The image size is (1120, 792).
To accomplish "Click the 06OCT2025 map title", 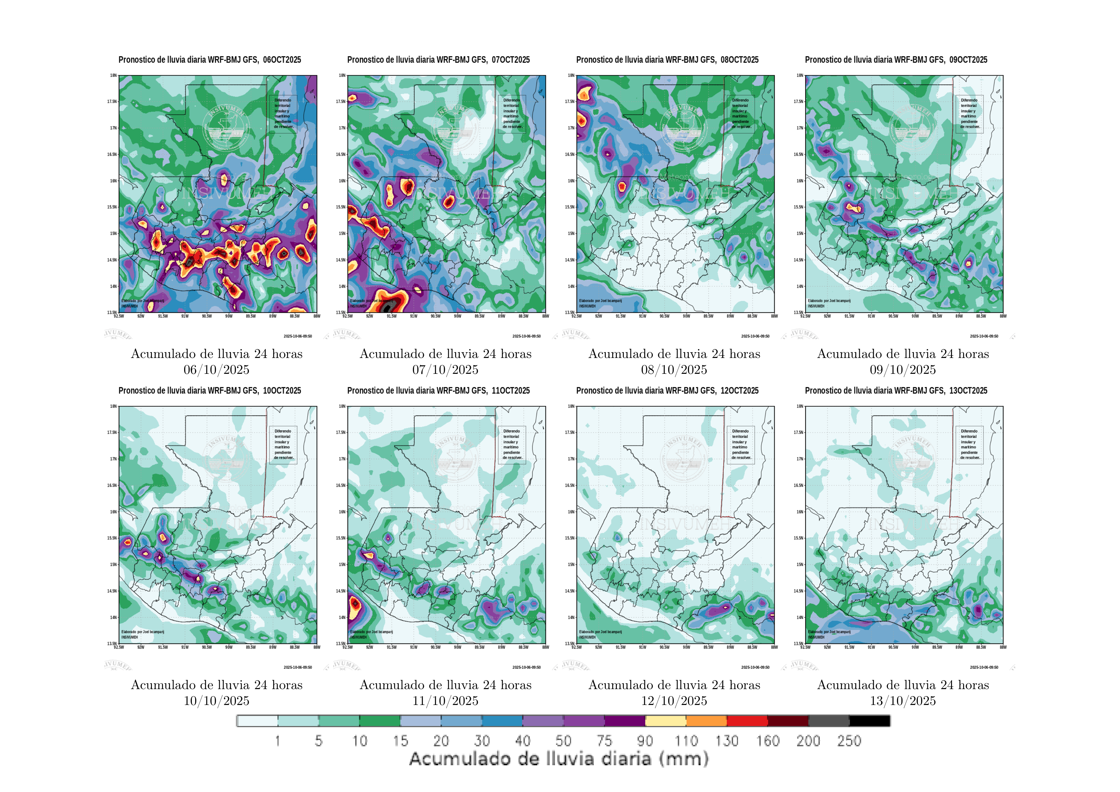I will (x=210, y=60).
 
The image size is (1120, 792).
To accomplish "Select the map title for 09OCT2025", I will (x=896, y=60).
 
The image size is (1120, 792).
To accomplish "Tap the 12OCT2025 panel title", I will (x=667, y=390).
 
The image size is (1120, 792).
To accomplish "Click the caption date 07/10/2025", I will (x=445, y=370).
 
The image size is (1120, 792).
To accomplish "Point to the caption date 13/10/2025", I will (x=903, y=701).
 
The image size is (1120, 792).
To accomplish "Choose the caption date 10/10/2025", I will (x=217, y=701).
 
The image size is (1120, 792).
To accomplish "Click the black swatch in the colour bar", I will (x=869, y=721).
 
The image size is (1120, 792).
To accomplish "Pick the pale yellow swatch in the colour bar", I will (x=665, y=721).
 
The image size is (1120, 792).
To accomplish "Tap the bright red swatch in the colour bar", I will (x=747, y=721).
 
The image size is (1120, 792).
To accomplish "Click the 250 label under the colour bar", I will (x=849, y=741).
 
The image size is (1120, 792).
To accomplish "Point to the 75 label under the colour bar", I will (x=604, y=741).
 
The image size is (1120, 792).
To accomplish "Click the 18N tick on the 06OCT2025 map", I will (x=113, y=76).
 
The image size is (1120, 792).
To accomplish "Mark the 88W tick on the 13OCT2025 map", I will (x=1003, y=647).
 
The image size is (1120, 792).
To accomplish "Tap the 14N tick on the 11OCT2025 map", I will (x=342, y=617).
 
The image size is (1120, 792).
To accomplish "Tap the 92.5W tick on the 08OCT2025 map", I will (x=577, y=316).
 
